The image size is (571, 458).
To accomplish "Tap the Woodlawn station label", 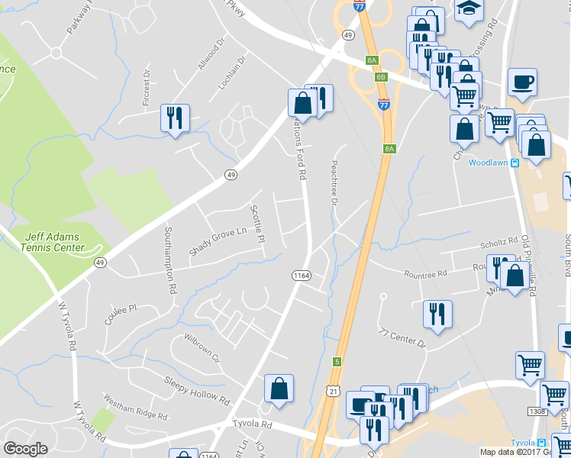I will tap(489, 163).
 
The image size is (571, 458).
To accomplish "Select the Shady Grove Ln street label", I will tap(218, 241).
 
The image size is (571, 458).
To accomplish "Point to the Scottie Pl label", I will tap(258, 224).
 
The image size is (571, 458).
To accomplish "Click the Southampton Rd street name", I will tap(170, 259).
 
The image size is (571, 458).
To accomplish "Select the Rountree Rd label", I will tap(425, 273).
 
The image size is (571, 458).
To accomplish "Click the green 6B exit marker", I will tap(380, 77).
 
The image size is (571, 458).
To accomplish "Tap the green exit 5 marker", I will tap(337, 361).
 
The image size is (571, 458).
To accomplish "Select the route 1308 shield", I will tap(537, 411).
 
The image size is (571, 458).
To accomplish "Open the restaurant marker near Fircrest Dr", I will tap(175, 118).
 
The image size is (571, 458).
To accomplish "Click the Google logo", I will tap(26, 449).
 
